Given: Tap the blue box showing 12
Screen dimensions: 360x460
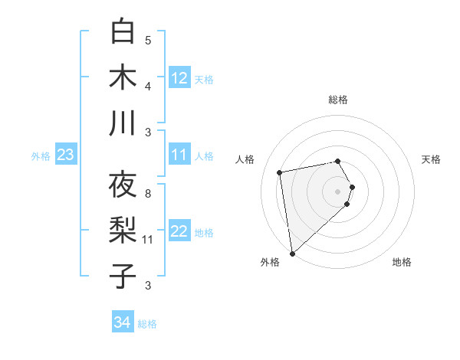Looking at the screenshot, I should click(x=179, y=78).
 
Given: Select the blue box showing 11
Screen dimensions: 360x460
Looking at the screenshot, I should click(x=179, y=155).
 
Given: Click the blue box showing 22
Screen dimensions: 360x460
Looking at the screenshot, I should click(x=179, y=231).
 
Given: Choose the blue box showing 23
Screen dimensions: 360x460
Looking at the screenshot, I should click(x=65, y=155).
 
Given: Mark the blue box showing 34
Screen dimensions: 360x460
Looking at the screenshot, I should click(x=122, y=322).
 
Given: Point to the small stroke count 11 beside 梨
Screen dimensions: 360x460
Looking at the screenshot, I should click(x=148, y=240).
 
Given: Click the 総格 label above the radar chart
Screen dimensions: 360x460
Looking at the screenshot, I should click(x=338, y=100).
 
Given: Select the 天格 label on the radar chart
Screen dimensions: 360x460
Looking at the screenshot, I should click(x=432, y=159).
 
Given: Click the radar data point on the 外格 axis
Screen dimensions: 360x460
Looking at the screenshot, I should click(x=292, y=253).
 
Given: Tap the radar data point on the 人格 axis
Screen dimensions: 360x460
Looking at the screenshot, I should click(x=280, y=172).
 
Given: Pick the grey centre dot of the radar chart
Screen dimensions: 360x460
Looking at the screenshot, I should click(x=338, y=191).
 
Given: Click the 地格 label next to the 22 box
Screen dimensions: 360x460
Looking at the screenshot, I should click(x=204, y=232).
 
